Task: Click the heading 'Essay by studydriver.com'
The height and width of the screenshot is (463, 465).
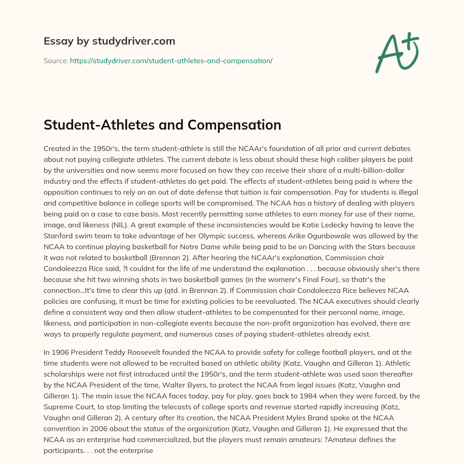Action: (x=109, y=41)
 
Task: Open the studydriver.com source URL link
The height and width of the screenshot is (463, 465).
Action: (x=171, y=60)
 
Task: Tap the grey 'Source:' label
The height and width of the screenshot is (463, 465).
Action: (x=55, y=60)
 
